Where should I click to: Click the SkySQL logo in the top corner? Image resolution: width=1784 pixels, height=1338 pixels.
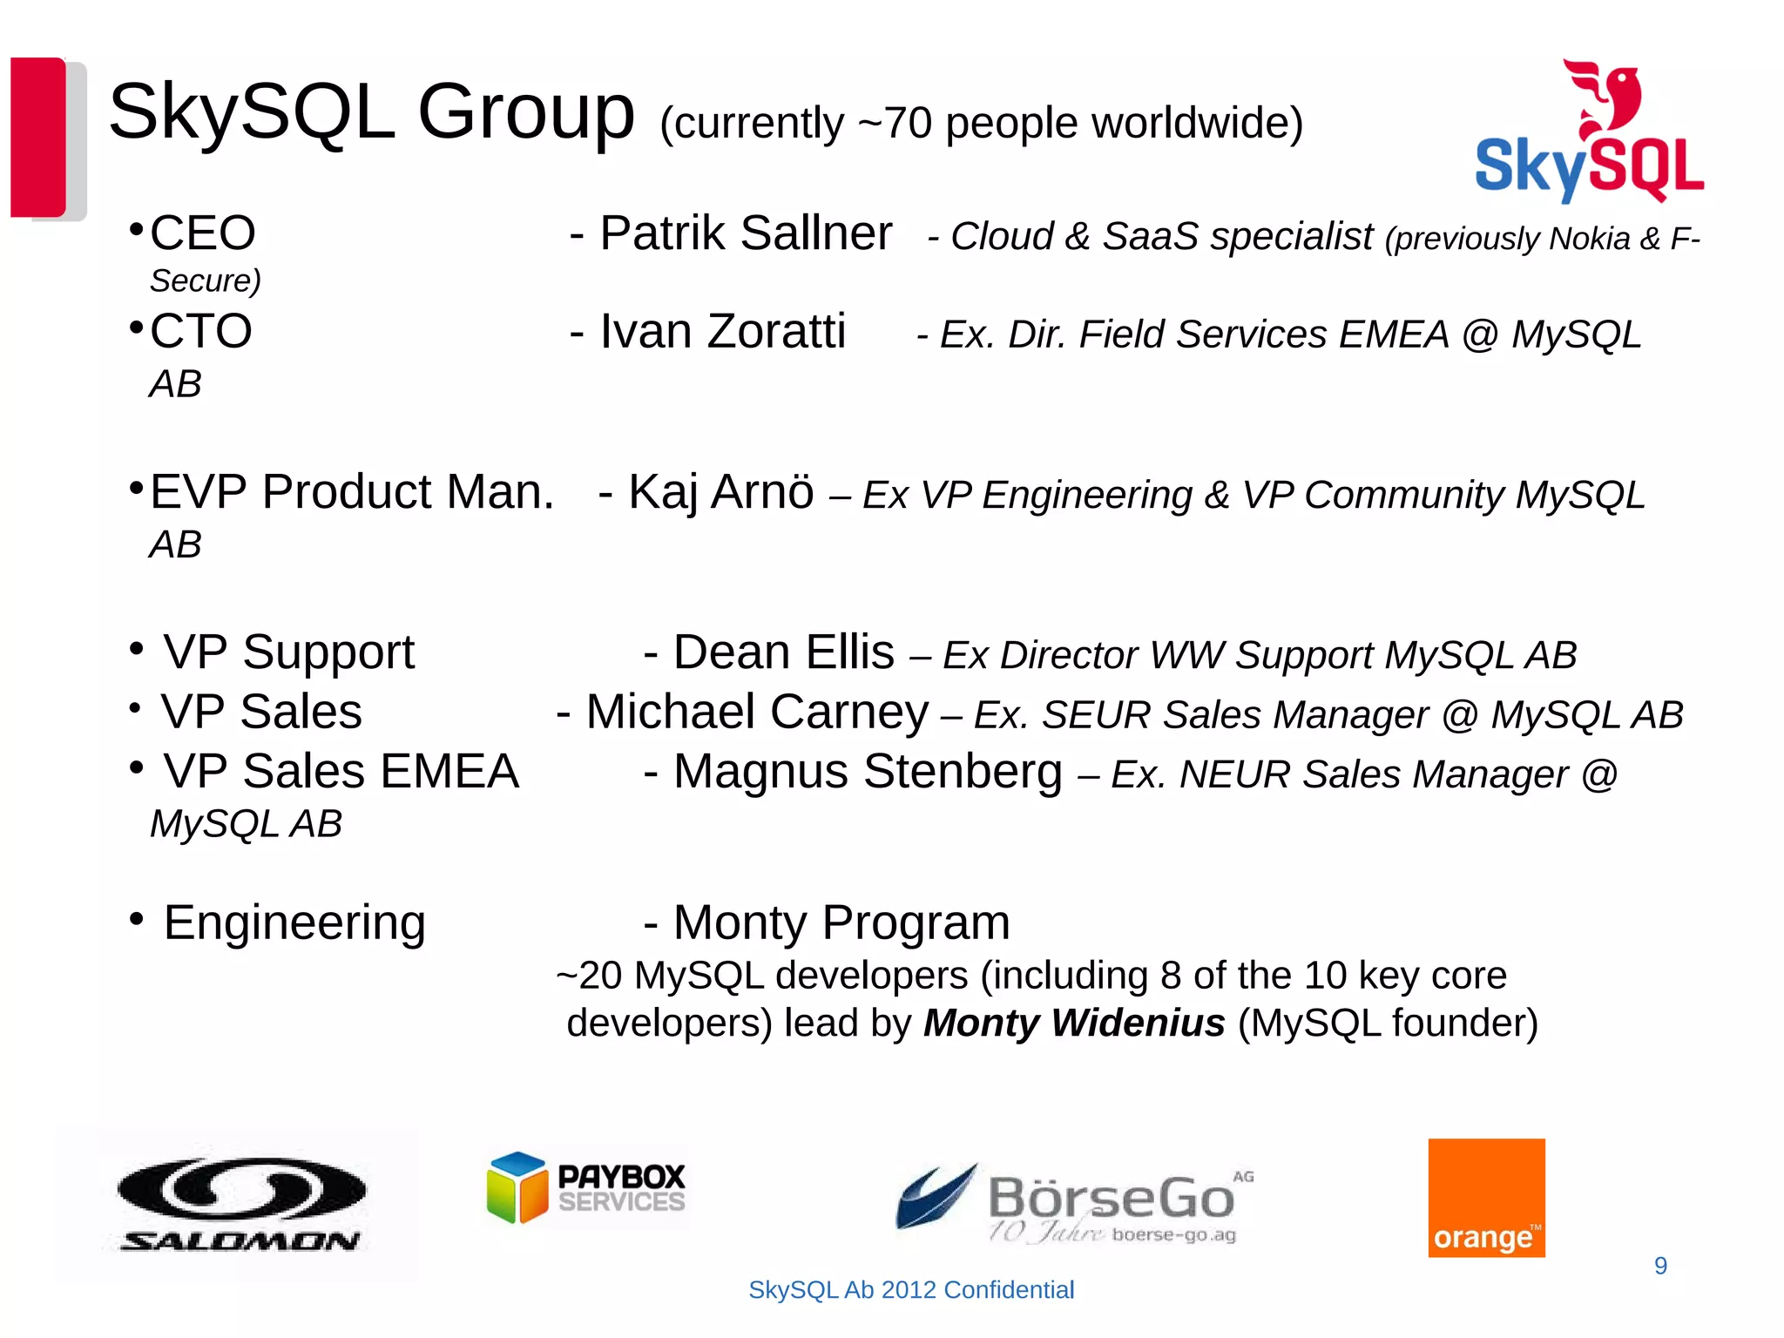(1589, 132)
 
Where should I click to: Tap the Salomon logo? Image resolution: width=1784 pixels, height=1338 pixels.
(240, 1205)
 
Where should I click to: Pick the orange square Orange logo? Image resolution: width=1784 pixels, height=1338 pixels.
(1486, 1198)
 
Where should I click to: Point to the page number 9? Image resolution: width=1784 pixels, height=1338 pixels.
(1660, 1266)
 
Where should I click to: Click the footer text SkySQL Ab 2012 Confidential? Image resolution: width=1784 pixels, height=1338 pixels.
(911, 1290)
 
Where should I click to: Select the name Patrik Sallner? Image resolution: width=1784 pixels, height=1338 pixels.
(746, 233)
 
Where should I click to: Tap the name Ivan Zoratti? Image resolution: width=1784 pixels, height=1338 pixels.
(722, 332)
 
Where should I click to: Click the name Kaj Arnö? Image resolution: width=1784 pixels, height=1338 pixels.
(720, 492)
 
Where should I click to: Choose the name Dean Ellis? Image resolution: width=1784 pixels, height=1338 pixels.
(783, 652)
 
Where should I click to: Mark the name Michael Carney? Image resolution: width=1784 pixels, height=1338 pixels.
(757, 712)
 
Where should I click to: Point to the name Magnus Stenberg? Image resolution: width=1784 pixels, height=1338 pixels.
(868, 772)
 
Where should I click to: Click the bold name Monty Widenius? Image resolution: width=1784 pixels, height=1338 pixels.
(1074, 1023)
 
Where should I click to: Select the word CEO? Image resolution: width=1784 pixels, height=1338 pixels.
(203, 233)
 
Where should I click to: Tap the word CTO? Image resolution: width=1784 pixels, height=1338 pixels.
(201, 332)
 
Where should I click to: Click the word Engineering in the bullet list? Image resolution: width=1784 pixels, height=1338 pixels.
(294, 922)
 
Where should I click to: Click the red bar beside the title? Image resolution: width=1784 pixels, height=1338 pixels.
(38, 137)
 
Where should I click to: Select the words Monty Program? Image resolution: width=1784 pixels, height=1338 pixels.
(841, 922)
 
